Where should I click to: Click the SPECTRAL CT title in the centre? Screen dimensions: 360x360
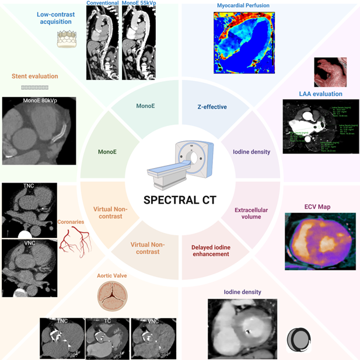180,200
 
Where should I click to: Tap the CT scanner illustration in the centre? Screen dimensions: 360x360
180,166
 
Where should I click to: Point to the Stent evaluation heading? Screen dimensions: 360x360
35,76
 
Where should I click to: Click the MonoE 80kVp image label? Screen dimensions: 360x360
39,101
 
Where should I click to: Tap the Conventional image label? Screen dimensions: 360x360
103,4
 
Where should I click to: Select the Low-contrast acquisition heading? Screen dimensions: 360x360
58,18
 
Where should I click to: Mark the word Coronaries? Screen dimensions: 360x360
71,222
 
